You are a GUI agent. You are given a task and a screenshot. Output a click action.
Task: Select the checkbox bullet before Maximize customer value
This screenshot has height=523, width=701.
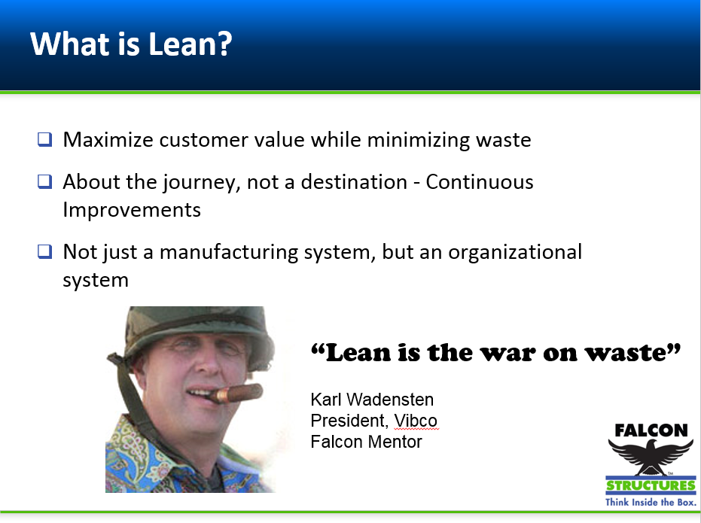tap(45, 139)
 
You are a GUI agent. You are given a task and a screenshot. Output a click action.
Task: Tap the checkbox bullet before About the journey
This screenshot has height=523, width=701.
tap(45, 181)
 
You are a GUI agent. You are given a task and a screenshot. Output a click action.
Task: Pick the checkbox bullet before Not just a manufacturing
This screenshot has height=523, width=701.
tap(45, 251)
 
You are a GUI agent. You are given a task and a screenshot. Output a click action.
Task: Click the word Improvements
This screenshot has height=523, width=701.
tap(132, 209)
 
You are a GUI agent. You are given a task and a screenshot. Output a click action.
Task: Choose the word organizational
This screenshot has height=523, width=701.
tap(515, 252)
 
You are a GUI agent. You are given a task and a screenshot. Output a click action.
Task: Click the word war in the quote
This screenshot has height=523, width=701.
tap(497, 352)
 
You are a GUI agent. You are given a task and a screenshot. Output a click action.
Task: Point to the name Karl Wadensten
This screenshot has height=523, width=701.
tap(372, 400)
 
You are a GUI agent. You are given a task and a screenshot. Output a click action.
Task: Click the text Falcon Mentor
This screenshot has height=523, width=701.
tap(366, 442)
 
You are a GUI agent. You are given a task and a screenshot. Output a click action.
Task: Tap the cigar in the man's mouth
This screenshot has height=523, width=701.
tap(236, 394)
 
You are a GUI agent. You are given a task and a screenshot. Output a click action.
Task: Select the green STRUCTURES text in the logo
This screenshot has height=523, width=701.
tap(651, 485)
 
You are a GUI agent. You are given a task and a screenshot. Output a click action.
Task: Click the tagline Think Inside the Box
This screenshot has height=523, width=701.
tap(651, 502)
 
